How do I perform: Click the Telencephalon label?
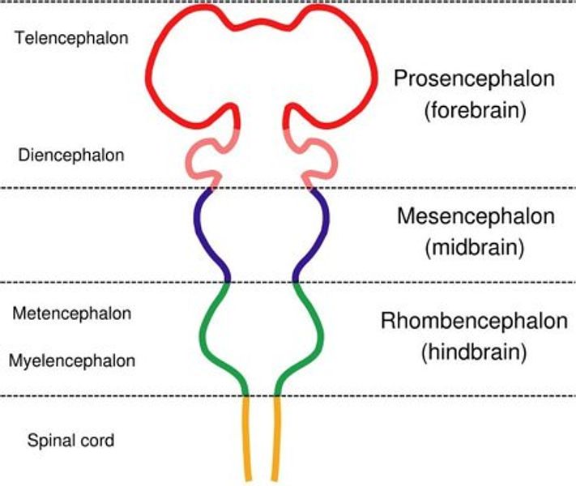(72, 37)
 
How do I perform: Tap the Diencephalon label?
(71, 155)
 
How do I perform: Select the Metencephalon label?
(72, 313)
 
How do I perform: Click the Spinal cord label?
(70, 441)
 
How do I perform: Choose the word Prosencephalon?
(474, 79)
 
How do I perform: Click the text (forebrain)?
(475, 111)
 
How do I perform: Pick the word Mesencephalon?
(476, 217)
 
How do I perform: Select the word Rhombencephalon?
(474, 321)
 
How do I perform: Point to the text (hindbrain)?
(475, 352)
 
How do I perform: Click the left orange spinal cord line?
(247, 437)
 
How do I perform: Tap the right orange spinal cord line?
(277, 437)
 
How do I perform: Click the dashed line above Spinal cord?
(122, 396)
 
